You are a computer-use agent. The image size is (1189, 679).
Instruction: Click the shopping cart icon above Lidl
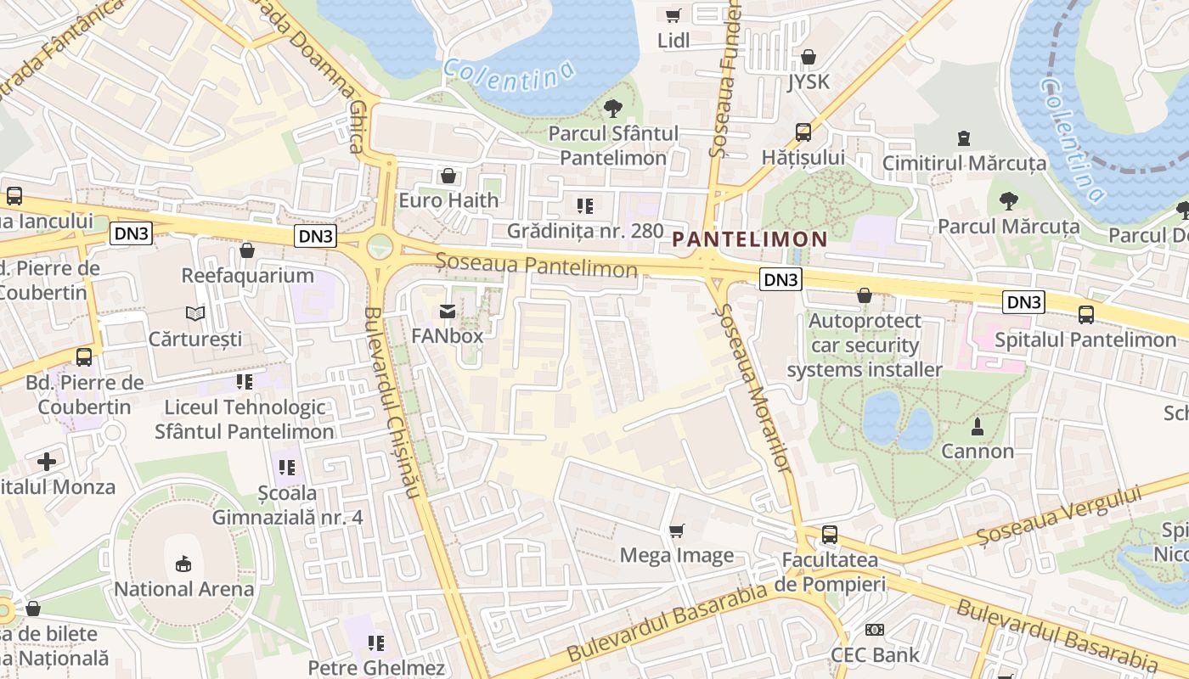tap(673, 15)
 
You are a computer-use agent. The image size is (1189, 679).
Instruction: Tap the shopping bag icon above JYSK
tap(809, 57)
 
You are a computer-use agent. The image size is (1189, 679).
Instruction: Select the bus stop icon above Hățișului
tap(803, 132)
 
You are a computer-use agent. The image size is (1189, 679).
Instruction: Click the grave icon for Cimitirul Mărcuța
tap(964, 137)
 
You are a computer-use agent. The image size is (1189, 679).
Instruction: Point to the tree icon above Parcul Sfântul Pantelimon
tap(612, 109)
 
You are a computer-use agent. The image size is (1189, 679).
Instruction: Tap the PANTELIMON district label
tap(750, 239)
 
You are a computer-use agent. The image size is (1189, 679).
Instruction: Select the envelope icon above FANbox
tap(448, 311)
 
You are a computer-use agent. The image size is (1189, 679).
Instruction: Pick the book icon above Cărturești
tap(195, 314)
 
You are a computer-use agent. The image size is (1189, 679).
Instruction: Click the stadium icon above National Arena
tap(183, 564)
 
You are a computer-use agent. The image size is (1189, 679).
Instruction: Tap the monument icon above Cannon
tap(978, 426)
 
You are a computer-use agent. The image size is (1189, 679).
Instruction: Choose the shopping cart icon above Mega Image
tap(677, 530)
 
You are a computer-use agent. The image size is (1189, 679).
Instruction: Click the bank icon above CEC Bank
tap(875, 630)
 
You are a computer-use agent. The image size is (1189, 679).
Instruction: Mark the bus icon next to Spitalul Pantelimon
tap(1086, 315)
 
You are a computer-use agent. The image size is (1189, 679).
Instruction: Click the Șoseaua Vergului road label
tap(1058, 514)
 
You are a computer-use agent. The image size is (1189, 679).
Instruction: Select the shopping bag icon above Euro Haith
tap(448, 176)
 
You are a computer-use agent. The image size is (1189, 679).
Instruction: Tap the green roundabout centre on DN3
tap(380, 246)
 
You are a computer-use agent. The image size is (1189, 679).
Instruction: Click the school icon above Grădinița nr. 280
tap(584, 205)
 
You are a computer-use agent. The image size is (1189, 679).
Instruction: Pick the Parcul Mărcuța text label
tap(1009, 227)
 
